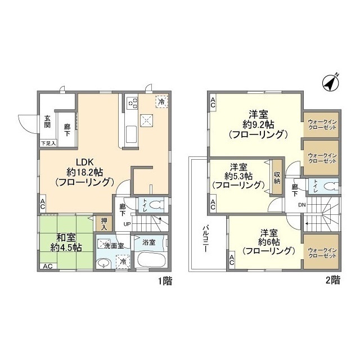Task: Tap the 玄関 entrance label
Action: (x=48, y=121)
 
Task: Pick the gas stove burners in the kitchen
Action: (x=133, y=102)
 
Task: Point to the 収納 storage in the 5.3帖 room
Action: (x=277, y=177)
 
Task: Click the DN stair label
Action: (x=302, y=204)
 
